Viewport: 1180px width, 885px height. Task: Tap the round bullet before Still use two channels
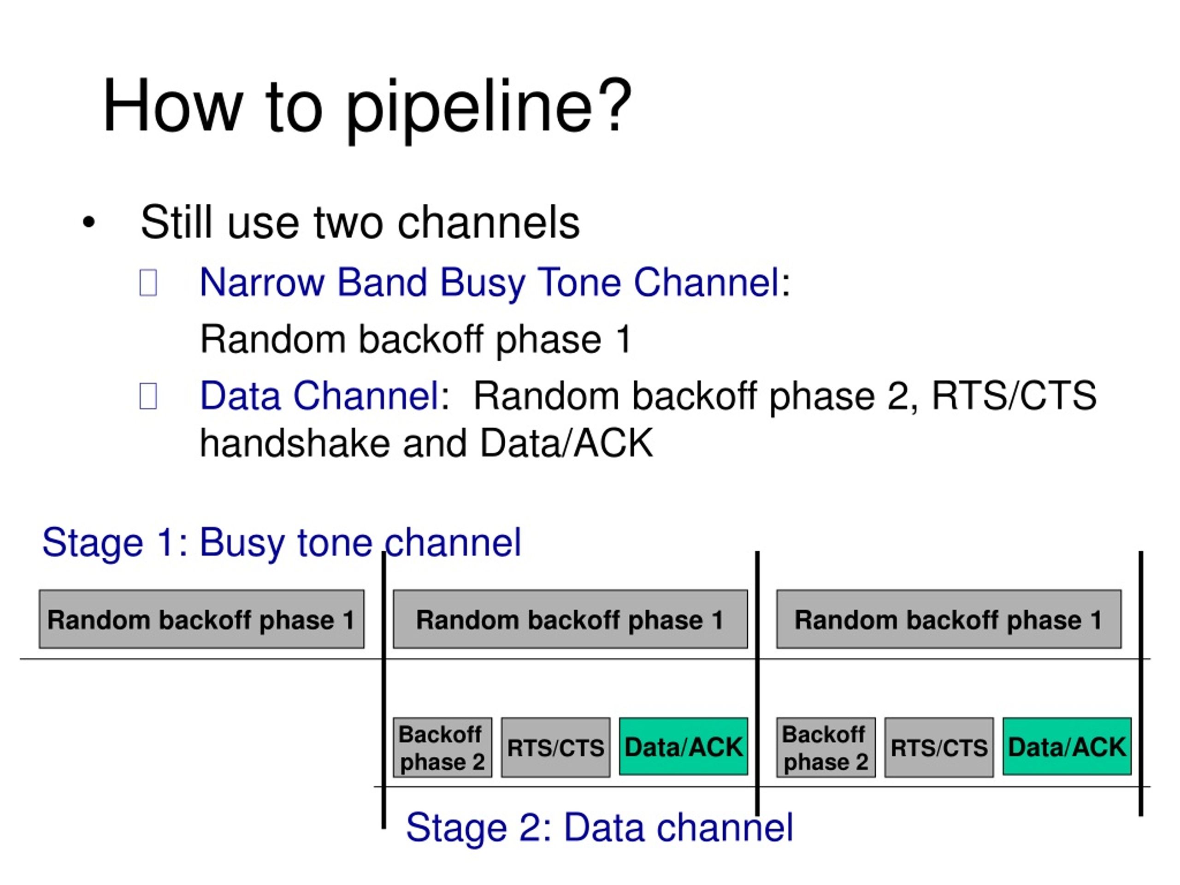point(88,223)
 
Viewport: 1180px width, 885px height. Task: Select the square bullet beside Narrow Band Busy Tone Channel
point(148,283)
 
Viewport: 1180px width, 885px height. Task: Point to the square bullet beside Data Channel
point(148,396)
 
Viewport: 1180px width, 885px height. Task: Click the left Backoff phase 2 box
point(442,747)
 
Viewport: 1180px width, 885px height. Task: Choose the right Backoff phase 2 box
point(826,747)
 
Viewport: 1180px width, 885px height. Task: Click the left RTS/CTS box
point(555,747)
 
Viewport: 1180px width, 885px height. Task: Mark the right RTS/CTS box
point(939,747)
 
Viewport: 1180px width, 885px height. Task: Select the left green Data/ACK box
point(684,746)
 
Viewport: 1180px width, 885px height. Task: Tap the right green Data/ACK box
point(1067,746)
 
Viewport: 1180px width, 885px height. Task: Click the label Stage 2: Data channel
point(600,827)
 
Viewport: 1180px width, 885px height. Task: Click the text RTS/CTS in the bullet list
point(1014,395)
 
